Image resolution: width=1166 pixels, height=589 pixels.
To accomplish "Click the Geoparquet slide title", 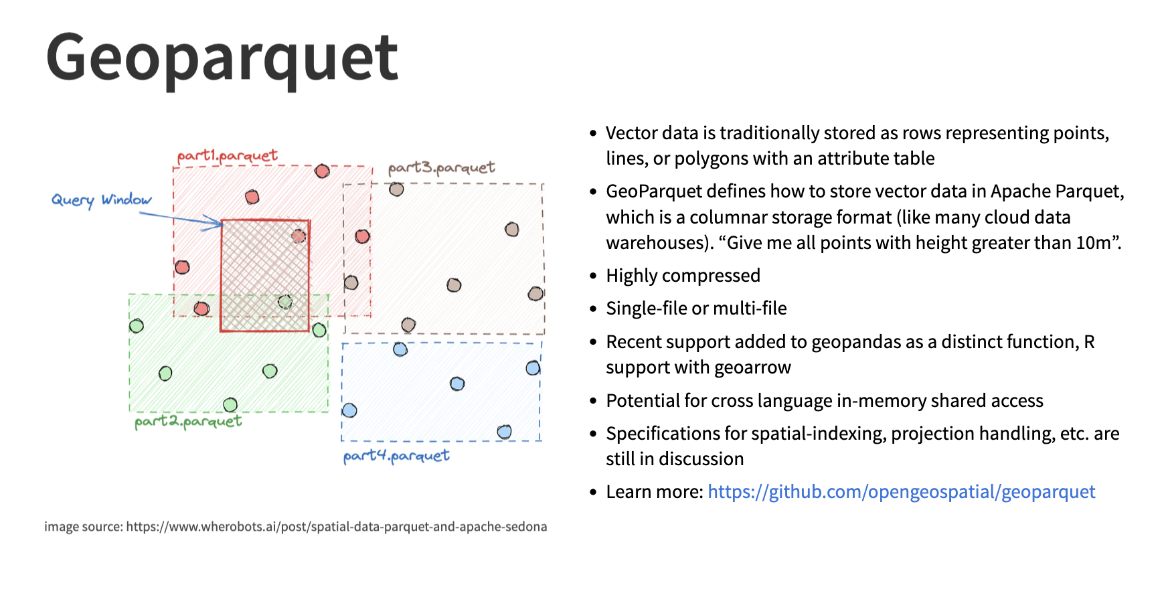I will coord(222,59).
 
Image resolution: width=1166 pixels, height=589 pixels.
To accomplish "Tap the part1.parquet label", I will coord(227,156).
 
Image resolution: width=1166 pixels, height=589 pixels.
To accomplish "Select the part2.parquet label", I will coord(187,421).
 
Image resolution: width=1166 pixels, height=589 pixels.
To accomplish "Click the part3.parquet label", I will coord(441,167).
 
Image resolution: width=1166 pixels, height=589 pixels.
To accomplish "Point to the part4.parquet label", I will coord(396,456).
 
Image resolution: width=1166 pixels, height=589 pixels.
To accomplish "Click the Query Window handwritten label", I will coord(101,200).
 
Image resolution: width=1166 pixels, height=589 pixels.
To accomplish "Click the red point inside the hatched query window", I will coord(299,236).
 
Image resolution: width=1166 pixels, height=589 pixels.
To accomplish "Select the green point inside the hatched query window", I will coord(285,301).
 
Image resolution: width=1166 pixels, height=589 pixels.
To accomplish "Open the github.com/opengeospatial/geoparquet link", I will coord(901,492).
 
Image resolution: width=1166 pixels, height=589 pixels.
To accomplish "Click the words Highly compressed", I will coord(683,276).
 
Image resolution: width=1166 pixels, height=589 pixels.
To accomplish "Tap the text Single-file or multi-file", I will coord(696,309).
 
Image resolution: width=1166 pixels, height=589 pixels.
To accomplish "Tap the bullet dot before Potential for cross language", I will coord(593,401).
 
